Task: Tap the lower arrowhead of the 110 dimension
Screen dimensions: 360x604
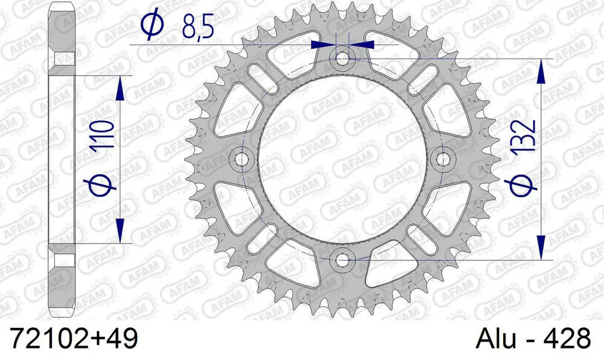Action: (x=121, y=232)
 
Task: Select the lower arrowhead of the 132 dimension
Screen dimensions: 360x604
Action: (x=542, y=248)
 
